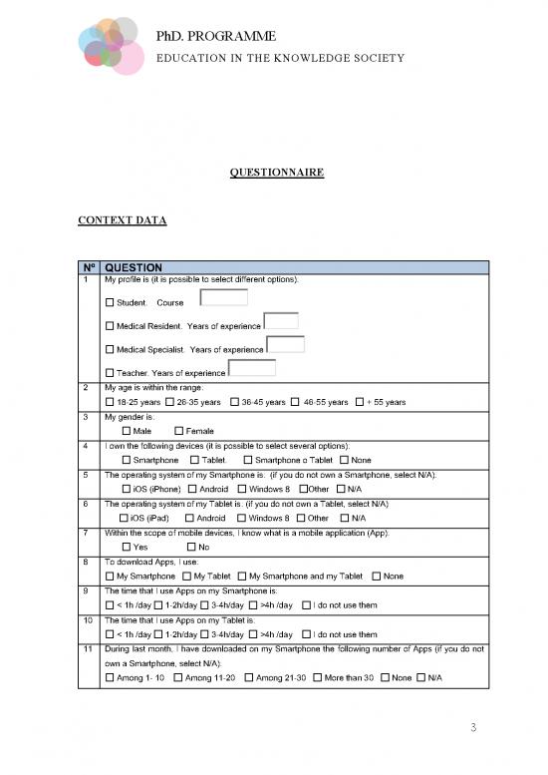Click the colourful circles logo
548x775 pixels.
click(108, 46)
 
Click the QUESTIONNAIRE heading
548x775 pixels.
click(276, 173)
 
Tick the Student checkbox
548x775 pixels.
click(110, 302)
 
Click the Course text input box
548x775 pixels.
click(224, 297)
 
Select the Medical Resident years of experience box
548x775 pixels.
click(281, 321)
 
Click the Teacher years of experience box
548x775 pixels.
click(251, 368)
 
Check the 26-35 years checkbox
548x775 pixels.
click(169, 402)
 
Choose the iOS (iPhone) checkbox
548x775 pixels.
click(126, 489)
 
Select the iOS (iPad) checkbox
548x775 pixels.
click(126, 518)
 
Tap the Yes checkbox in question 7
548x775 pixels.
click(126, 547)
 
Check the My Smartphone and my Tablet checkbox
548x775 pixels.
click(242, 576)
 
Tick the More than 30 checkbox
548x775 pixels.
click(317, 678)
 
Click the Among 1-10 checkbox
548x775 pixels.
click(110, 678)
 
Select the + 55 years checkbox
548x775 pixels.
click(360, 402)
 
